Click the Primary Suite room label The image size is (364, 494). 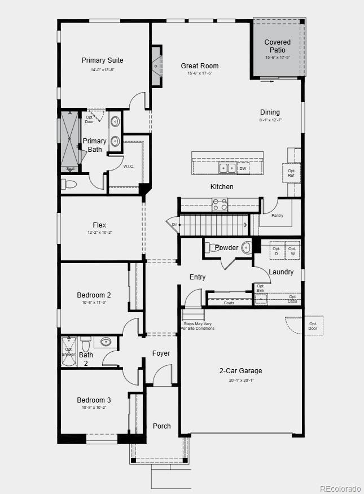102,60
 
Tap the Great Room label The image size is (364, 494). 200,66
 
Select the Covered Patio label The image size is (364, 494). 278,46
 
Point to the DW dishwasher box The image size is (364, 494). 243,168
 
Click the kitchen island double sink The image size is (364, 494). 227,168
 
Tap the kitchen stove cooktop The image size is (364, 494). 220,204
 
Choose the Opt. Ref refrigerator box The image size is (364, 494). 291,173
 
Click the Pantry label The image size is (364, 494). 277,215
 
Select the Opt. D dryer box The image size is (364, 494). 277,251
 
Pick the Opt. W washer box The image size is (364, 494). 292,251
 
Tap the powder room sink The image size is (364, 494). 246,247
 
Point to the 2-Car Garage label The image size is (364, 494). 240,371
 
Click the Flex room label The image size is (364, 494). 99,225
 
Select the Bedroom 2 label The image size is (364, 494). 94,295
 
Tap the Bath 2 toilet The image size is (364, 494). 86,344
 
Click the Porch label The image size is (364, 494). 162,426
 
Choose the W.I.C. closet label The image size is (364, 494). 129,167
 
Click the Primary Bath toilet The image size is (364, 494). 69,184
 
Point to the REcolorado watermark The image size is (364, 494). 340,488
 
